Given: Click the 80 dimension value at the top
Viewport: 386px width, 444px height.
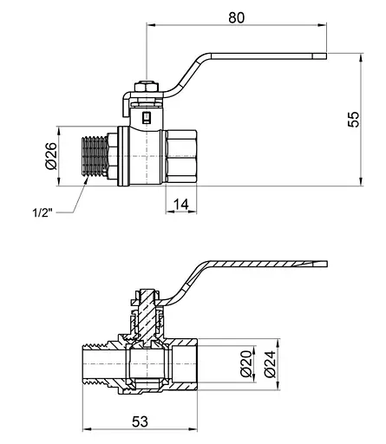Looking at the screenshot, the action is (236, 17).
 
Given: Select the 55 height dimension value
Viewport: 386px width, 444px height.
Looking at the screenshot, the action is (353, 119).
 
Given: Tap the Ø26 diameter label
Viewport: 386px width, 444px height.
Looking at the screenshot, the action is (51, 156).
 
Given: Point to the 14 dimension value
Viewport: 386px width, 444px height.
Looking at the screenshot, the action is (181, 205).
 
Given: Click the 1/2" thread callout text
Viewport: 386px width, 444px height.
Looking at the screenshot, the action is (43, 213).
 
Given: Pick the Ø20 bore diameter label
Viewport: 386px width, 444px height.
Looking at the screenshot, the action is (246, 363).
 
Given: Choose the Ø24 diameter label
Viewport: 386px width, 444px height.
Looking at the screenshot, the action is (270, 364).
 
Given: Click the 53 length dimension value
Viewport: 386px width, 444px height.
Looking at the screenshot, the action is (140, 421).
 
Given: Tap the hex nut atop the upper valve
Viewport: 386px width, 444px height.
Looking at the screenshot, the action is (147, 88).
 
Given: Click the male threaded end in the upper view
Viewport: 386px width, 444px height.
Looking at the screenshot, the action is (95, 156).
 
